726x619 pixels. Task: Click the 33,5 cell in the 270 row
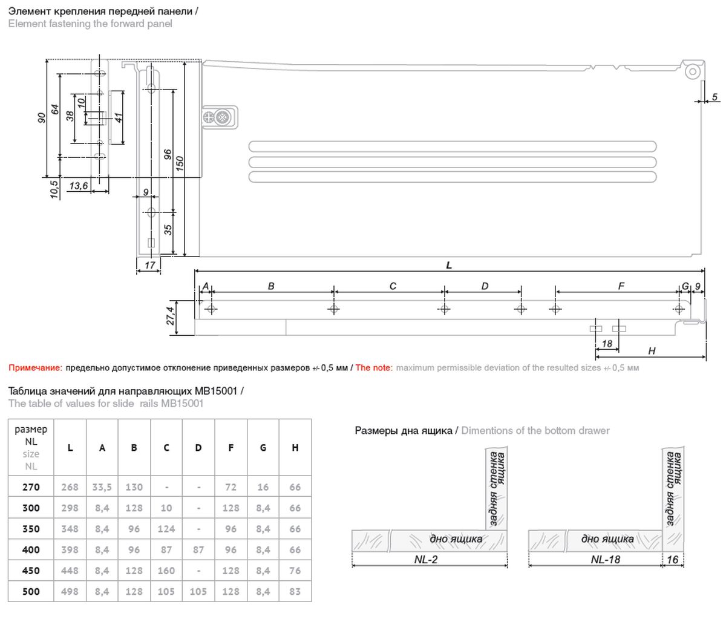[102, 487]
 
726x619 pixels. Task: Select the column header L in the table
[70, 448]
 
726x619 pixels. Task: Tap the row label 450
[31, 571]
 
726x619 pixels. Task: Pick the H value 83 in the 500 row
[295, 591]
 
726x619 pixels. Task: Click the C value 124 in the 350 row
[166, 529]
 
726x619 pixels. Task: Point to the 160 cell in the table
[166, 571]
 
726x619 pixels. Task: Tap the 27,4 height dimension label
[170, 315]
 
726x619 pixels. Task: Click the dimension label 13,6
[79, 185]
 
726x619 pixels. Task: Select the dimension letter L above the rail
[448, 265]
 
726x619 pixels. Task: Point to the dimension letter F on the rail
[621, 286]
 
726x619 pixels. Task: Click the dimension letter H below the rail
[651, 351]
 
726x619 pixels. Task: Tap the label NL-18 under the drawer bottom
[605, 560]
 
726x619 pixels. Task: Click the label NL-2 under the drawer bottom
[426, 560]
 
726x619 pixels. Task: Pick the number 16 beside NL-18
[673, 560]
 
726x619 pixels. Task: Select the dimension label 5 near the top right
[715, 97]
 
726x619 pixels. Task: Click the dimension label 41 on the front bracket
[119, 117]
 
